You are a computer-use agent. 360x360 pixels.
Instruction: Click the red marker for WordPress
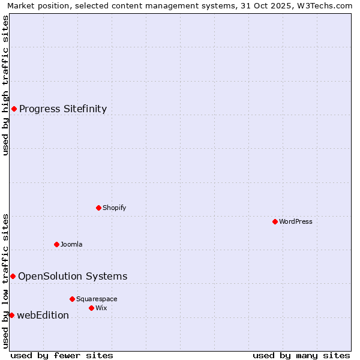[275, 221]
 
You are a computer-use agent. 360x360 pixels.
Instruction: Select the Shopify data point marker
[98, 208]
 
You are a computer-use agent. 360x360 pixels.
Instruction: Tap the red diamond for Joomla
[56, 244]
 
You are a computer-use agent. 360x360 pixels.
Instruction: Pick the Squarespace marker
[72, 299]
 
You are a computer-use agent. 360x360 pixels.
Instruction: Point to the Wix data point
[91, 308]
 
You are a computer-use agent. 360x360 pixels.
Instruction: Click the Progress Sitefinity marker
[14, 109]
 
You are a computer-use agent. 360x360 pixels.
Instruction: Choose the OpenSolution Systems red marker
[13, 276]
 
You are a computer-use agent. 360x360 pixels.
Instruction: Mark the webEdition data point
[11, 315]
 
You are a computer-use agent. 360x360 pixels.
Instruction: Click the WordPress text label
[296, 221]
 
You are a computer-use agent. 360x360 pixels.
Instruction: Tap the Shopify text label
[114, 208]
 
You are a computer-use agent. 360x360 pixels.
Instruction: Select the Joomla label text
[71, 244]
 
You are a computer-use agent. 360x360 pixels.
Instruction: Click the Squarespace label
[97, 299]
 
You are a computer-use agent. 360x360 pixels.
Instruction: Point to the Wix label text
[101, 308]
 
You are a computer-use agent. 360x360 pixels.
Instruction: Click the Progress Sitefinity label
[63, 109]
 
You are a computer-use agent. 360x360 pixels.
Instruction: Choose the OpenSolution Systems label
[73, 276]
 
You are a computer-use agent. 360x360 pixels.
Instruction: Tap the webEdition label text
[43, 315]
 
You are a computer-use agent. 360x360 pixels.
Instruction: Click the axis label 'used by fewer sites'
[62, 355]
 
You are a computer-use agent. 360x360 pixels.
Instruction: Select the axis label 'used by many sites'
[301, 355]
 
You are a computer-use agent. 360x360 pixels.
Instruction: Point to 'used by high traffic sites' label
[5, 85]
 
